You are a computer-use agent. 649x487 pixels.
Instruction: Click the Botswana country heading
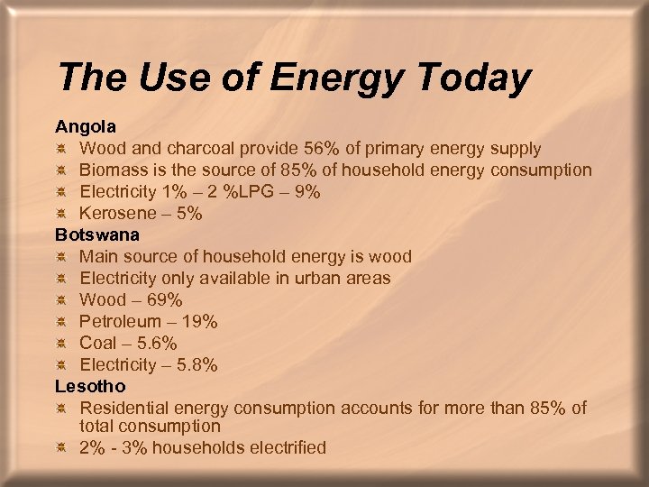click(97, 234)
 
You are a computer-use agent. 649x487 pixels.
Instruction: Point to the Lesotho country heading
click(90, 386)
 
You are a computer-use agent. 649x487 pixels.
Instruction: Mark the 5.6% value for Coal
click(152, 343)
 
